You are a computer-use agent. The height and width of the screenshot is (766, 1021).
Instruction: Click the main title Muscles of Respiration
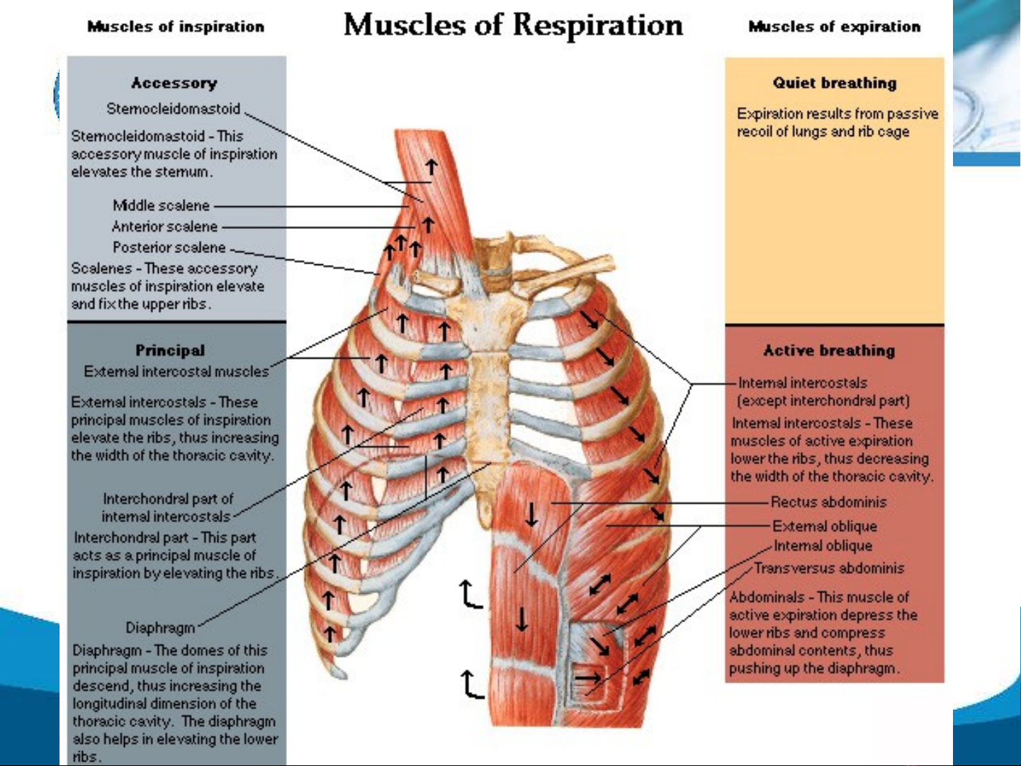coord(513,26)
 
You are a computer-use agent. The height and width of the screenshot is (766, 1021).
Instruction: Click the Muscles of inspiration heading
coord(176,27)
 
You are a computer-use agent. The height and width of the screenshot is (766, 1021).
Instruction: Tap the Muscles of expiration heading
coord(834,27)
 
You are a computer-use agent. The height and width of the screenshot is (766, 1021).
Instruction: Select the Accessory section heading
coord(174,83)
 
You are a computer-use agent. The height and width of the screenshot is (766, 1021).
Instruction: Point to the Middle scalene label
coord(162,205)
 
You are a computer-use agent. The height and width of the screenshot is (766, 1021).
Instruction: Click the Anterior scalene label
coord(164,227)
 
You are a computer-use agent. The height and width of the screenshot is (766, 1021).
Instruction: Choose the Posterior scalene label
coord(169,247)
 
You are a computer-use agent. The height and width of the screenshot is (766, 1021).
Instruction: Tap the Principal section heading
coord(170,350)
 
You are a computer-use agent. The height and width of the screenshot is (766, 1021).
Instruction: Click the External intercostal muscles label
coord(176,371)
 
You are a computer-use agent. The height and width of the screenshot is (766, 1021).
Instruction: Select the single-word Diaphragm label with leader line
coord(160,628)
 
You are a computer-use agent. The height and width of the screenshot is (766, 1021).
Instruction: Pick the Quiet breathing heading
coord(835,83)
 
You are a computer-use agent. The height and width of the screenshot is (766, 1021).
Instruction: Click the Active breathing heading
coord(829,350)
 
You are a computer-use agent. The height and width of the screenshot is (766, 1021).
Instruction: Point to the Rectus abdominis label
coord(828,502)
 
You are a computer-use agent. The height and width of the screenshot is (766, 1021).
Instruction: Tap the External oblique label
coord(825,526)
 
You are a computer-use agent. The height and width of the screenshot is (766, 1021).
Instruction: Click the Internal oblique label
coord(823,546)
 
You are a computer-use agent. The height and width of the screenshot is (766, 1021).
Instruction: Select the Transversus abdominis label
coord(829,568)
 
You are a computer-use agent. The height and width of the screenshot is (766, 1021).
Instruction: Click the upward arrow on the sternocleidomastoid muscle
coord(431,167)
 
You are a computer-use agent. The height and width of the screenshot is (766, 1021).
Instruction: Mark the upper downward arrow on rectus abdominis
coord(531,514)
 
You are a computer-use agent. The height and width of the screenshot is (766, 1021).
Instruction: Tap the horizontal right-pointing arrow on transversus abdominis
coord(587,678)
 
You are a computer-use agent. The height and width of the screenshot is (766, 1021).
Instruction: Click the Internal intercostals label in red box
coord(803,383)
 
